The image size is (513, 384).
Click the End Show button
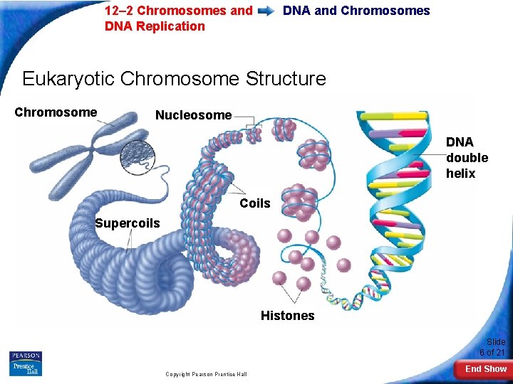(x=485, y=369)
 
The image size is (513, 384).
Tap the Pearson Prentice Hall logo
(x=26, y=363)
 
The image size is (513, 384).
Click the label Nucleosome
(x=193, y=115)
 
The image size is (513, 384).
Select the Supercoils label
(x=128, y=223)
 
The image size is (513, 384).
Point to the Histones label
(x=287, y=316)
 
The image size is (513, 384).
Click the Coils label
(x=255, y=204)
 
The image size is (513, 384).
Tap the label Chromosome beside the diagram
(x=56, y=112)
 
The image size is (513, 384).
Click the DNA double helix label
(x=467, y=158)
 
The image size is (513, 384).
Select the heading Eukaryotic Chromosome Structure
(x=174, y=78)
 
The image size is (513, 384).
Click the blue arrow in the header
(x=267, y=11)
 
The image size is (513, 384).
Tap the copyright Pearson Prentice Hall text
(x=206, y=374)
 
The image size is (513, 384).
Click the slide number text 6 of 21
(x=492, y=353)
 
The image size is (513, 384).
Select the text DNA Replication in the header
(x=155, y=26)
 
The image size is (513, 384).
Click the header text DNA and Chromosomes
(x=356, y=11)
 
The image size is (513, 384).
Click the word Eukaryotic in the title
(x=69, y=78)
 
